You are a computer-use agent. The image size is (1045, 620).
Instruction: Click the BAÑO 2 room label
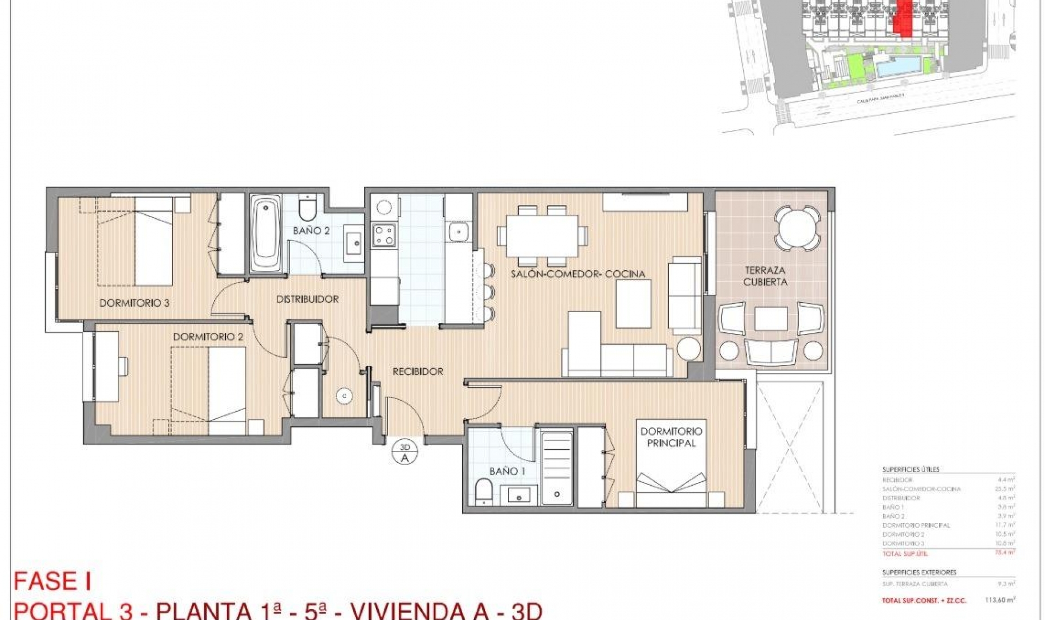(311, 231)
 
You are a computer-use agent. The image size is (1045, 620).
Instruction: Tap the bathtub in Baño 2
(266, 234)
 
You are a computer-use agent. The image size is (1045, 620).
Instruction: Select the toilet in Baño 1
(483, 492)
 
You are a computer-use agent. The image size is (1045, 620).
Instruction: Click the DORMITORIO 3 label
(134, 303)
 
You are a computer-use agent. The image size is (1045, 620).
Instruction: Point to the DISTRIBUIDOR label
(307, 299)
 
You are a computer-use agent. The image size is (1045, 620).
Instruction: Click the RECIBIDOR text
(418, 371)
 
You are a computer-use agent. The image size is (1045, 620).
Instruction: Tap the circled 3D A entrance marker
(404, 452)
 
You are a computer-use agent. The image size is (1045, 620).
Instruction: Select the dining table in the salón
(542, 236)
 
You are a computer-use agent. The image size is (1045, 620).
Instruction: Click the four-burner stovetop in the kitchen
(384, 235)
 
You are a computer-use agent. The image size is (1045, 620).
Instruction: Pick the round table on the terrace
(797, 228)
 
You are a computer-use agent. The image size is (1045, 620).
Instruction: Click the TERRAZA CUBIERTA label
(765, 276)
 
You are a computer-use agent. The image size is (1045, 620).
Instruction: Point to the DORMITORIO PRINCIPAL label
(671, 437)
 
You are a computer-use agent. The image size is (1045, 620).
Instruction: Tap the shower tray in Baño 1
(556, 469)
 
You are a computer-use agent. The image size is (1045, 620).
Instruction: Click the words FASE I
(52, 581)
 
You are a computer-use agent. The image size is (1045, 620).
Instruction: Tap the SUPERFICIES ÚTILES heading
(911, 469)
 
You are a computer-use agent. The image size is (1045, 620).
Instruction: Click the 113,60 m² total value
(1000, 600)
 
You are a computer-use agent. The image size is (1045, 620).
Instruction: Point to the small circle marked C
(344, 396)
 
